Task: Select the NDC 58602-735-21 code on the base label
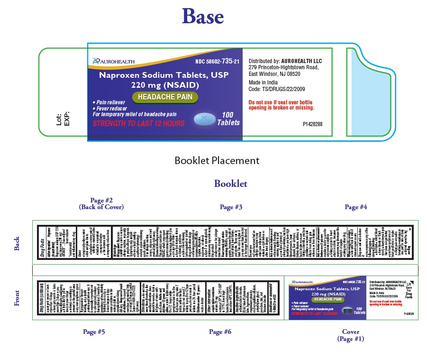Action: (x=217, y=61)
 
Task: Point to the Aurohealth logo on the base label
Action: (x=114, y=61)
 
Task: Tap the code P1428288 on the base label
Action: (x=312, y=124)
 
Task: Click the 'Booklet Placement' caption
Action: (x=217, y=161)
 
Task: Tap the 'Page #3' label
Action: (x=231, y=207)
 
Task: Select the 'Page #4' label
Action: (x=356, y=207)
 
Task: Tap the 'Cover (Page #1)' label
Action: (x=351, y=335)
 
